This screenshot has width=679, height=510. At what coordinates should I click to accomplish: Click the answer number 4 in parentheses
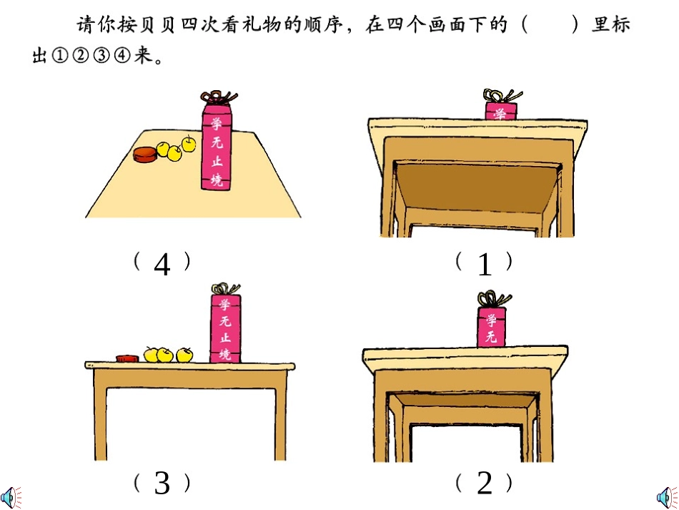[162, 265]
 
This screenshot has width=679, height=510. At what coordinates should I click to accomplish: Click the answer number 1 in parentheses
[485, 265]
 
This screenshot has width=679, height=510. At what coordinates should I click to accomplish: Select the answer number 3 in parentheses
[162, 484]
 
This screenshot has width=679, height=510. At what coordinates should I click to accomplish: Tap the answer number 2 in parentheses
[485, 484]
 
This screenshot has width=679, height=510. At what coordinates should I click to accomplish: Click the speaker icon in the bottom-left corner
[9, 496]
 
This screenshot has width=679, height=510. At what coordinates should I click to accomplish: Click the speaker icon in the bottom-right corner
[667, 496]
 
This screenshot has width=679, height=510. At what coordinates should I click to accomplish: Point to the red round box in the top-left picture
[145, 155]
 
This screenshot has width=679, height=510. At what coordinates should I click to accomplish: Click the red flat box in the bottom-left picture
[127, 355]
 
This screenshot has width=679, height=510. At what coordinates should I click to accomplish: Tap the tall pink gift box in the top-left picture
[216, 148]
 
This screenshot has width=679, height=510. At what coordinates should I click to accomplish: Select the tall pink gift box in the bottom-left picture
[225, 328]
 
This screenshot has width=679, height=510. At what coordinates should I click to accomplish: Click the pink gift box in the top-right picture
[500, 111]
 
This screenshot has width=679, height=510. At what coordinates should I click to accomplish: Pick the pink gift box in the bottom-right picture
[491, 328]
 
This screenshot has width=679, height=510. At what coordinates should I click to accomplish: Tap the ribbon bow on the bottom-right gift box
[491, 298]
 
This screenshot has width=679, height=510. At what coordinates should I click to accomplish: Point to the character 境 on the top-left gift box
[217, 181]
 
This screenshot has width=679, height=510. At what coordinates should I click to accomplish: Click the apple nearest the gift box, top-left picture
[189, 144]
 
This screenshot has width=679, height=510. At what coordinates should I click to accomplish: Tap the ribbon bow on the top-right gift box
[499, 95]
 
